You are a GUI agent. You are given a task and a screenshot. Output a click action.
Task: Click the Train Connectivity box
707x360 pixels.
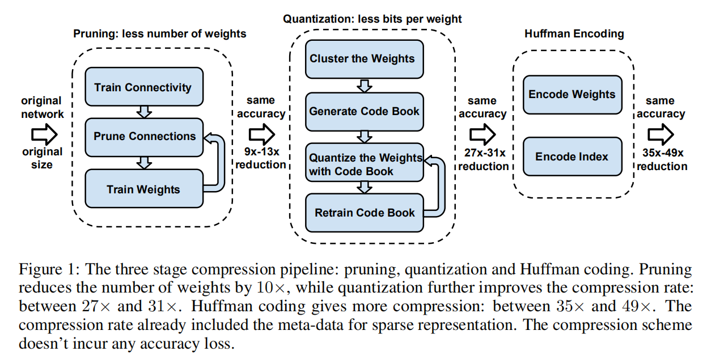(143, 87)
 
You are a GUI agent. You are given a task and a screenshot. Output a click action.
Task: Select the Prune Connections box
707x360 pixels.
(144, 137)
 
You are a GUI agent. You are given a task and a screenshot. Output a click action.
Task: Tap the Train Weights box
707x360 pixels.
(144, 188)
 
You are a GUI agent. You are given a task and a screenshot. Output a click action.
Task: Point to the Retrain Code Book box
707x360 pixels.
(364, 213)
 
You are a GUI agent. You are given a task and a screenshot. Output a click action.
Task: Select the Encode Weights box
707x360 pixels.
(571, 94)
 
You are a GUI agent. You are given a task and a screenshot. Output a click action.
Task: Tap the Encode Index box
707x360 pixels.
(571, 156)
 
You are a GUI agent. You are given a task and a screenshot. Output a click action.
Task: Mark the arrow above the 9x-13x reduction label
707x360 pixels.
(262, 134)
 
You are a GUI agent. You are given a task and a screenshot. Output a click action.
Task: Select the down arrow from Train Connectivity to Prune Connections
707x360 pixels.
(145, 112)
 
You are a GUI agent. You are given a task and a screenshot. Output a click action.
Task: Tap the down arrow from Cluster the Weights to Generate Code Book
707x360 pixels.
(365, 85)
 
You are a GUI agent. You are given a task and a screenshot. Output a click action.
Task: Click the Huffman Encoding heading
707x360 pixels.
(574, 33)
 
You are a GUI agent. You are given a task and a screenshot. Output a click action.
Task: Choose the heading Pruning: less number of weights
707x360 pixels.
(160, 33)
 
